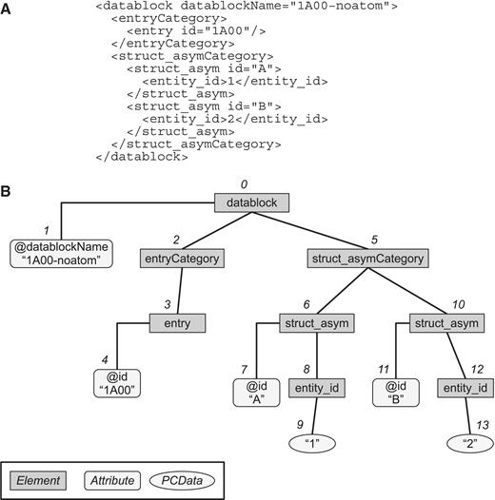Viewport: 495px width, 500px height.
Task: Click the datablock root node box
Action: (x=249, y=203)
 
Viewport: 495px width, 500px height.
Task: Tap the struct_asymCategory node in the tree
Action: (x=367, y=258)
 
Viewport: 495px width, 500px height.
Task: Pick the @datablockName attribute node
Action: (x=60, y=253)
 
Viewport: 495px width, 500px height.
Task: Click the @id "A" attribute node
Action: (x=257, y=393)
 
